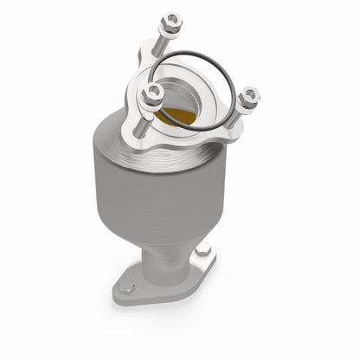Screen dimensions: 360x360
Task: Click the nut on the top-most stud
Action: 170,19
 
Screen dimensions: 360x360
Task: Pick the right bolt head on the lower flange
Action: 203,251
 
